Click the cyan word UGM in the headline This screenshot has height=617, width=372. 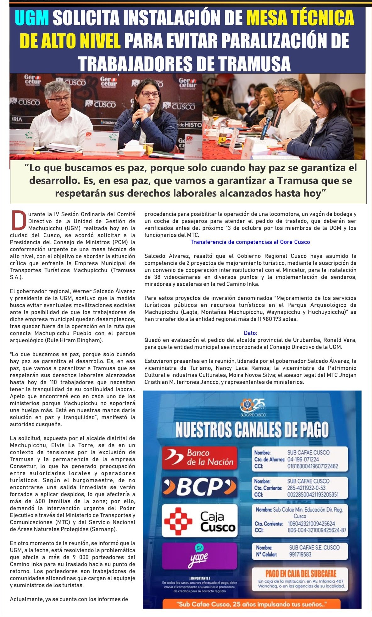pos(32,18)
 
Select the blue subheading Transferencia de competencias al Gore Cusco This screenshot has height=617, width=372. pos(250,242)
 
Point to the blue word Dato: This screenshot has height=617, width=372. pos(250,333)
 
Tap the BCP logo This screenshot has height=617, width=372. pos(200,487)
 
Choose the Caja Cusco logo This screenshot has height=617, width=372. pos(200,521)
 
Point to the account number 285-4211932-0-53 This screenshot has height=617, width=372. pos(306,488)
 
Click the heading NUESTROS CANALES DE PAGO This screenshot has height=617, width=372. pos(252,430)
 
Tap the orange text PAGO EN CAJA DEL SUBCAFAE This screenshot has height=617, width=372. pos(301,573)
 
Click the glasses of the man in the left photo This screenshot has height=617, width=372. pos(60,100)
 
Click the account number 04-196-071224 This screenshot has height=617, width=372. pos(303,459)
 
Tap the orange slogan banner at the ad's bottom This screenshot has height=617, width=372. pos(252,604)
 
